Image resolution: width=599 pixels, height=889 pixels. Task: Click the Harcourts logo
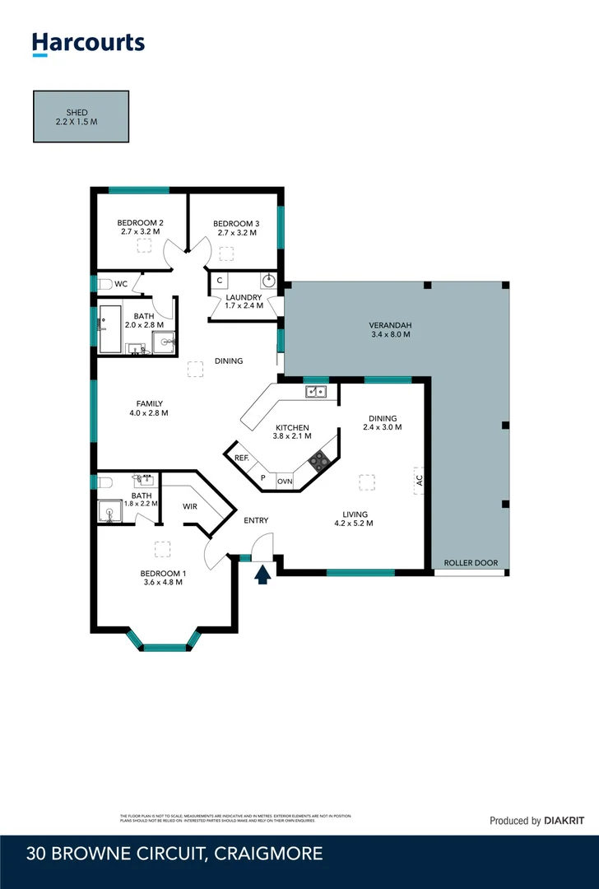coord(88,44)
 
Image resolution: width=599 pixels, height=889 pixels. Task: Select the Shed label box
coord(81,116)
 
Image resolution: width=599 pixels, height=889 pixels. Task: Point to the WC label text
coord(121,284)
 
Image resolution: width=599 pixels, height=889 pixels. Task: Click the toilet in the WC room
coord(103,284)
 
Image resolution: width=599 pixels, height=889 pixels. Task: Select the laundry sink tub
coord(269,280)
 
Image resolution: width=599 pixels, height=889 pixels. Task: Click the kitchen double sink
coord(316,392)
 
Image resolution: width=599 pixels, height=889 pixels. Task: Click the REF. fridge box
coord(241,458)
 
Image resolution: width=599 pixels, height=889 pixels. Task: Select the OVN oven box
coord(285,481)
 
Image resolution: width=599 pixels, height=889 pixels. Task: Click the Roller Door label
coord(471,563)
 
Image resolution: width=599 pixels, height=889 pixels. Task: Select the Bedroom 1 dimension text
coord(161,582)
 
